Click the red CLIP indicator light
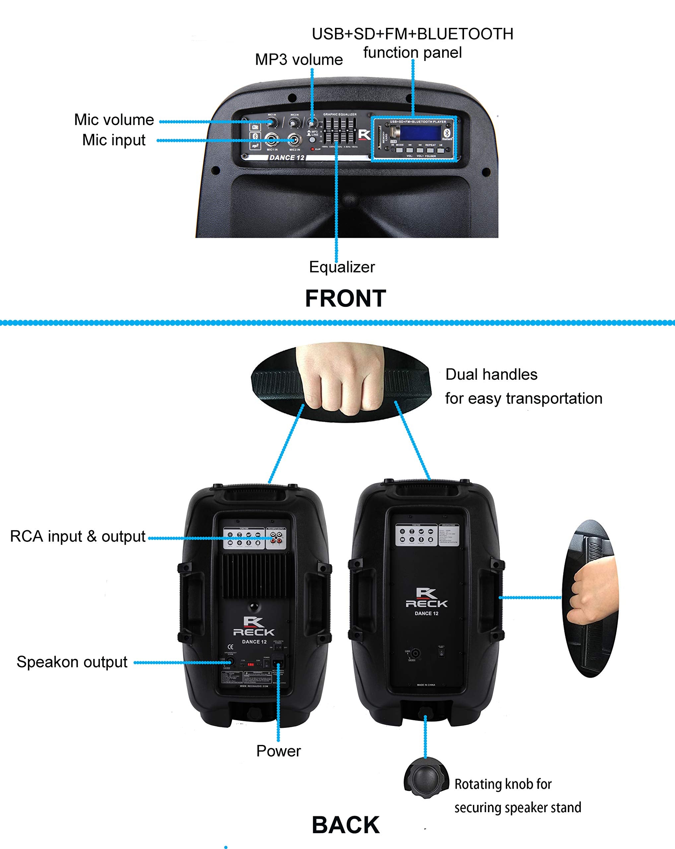[313, 149]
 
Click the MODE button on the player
[400, 150]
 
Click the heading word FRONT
[345, 298]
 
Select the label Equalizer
[342, 267]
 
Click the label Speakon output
[72, 662]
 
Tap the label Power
[278, 751]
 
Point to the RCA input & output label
[78, 536]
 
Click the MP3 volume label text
[299, 60]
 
